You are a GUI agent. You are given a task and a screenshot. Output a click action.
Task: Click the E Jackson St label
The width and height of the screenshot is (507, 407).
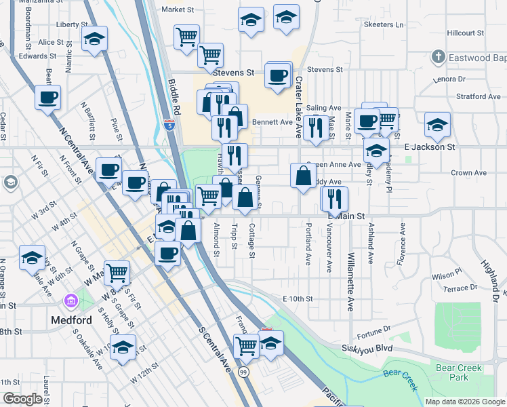click(x=429, y=147)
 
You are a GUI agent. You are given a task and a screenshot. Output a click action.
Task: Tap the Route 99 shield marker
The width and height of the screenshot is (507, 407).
click(x=243, y=372)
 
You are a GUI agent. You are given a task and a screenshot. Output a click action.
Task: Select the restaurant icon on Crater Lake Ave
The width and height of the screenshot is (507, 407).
click(x=315, y=128)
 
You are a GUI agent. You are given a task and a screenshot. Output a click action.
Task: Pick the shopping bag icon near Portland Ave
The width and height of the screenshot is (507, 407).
click(x=303, y=176)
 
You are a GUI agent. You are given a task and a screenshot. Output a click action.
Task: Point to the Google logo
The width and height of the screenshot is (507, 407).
click(x=22, y=399)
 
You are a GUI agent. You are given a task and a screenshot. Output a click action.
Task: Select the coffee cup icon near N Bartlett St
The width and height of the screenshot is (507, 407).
click(x=48, y=97)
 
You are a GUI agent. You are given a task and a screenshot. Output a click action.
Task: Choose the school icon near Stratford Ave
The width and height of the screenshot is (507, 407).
click(x=437, y=124)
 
